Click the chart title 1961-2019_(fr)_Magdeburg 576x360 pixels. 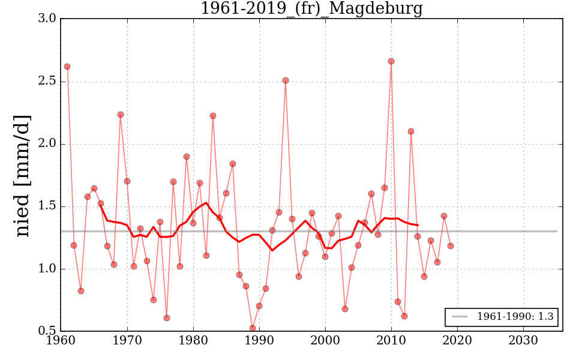[x=311, y=9]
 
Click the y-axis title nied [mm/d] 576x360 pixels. [x=23, y=175]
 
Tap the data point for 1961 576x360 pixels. [x=67, y=67]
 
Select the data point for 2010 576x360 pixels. [x=391, y=61]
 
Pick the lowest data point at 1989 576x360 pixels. [x=253, y=328]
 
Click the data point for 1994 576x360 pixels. [x=286, y=80]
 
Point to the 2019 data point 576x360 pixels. [x=451, y=246]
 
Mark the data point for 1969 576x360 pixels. [x=121, y=115]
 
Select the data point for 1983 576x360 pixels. [x=213, y=116]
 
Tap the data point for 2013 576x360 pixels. [x=411, y=131]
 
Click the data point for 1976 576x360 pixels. [x=167, y=318]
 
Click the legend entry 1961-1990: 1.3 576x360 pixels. [x=515, y=317]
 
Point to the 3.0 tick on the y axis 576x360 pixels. [x=49, y=19]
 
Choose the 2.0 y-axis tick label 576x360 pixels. [x=49, y=144]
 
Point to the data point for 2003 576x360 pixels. [x=345, y=309]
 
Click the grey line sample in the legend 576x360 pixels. [x=460, y=317]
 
